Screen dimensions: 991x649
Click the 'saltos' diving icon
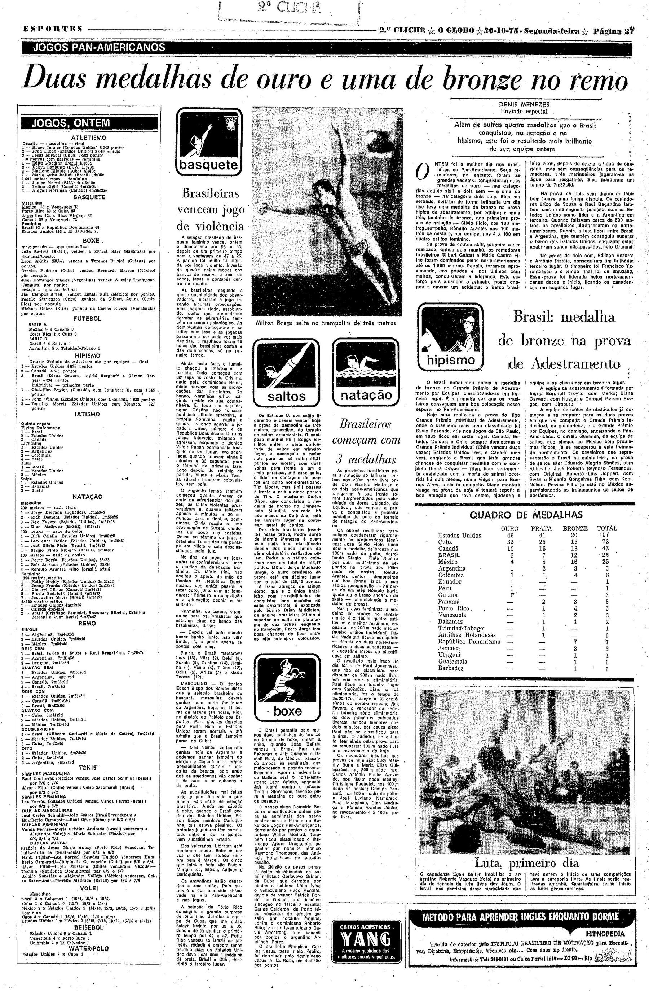tap(286, 372)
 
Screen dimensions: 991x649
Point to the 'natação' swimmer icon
tap(366, 372)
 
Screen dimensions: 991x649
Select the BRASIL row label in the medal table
tap(449, 555)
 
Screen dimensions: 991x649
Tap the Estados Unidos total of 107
tap(604, 535)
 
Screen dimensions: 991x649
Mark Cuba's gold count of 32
tap(509, 542)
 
